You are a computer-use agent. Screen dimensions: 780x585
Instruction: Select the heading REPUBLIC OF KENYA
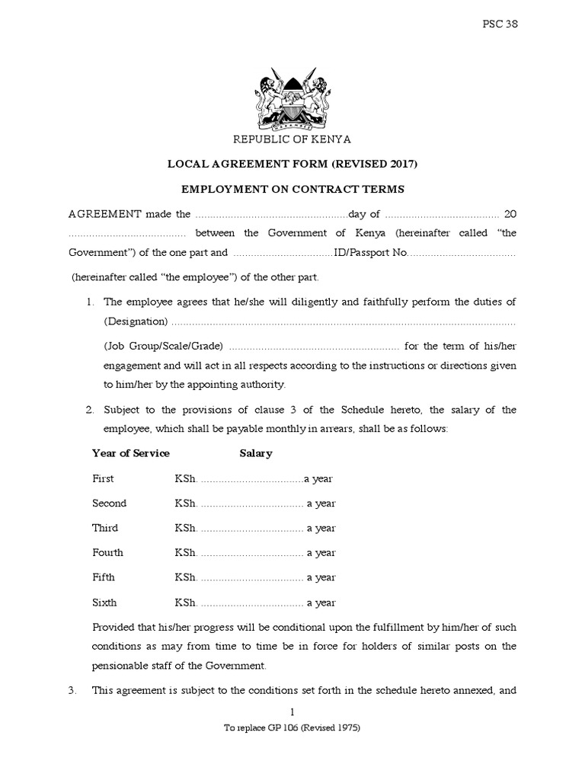click(292, 140)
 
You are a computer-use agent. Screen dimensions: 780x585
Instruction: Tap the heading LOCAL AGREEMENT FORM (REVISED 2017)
click(292, 164)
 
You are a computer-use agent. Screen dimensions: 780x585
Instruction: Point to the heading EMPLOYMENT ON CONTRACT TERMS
click(292, 188)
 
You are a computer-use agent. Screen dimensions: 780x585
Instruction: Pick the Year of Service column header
click(130, 453)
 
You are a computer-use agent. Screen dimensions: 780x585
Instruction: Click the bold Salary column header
click(256, 453)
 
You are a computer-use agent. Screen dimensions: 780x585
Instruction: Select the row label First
click(103, 478)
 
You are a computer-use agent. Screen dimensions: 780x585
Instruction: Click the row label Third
click(105, 528)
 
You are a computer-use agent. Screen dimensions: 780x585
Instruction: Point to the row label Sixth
click(104, 603)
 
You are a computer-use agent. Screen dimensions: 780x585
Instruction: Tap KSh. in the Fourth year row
click(185, 553)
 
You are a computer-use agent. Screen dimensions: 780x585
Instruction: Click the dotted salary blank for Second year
click(251, 503)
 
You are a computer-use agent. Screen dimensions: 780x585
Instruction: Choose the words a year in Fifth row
click(321, 577)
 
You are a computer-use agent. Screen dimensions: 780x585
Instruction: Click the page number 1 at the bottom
click(292, 712)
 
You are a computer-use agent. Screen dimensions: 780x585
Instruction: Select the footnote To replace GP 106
click(292, 727)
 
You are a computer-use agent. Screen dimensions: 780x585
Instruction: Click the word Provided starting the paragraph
click(113, 628)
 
